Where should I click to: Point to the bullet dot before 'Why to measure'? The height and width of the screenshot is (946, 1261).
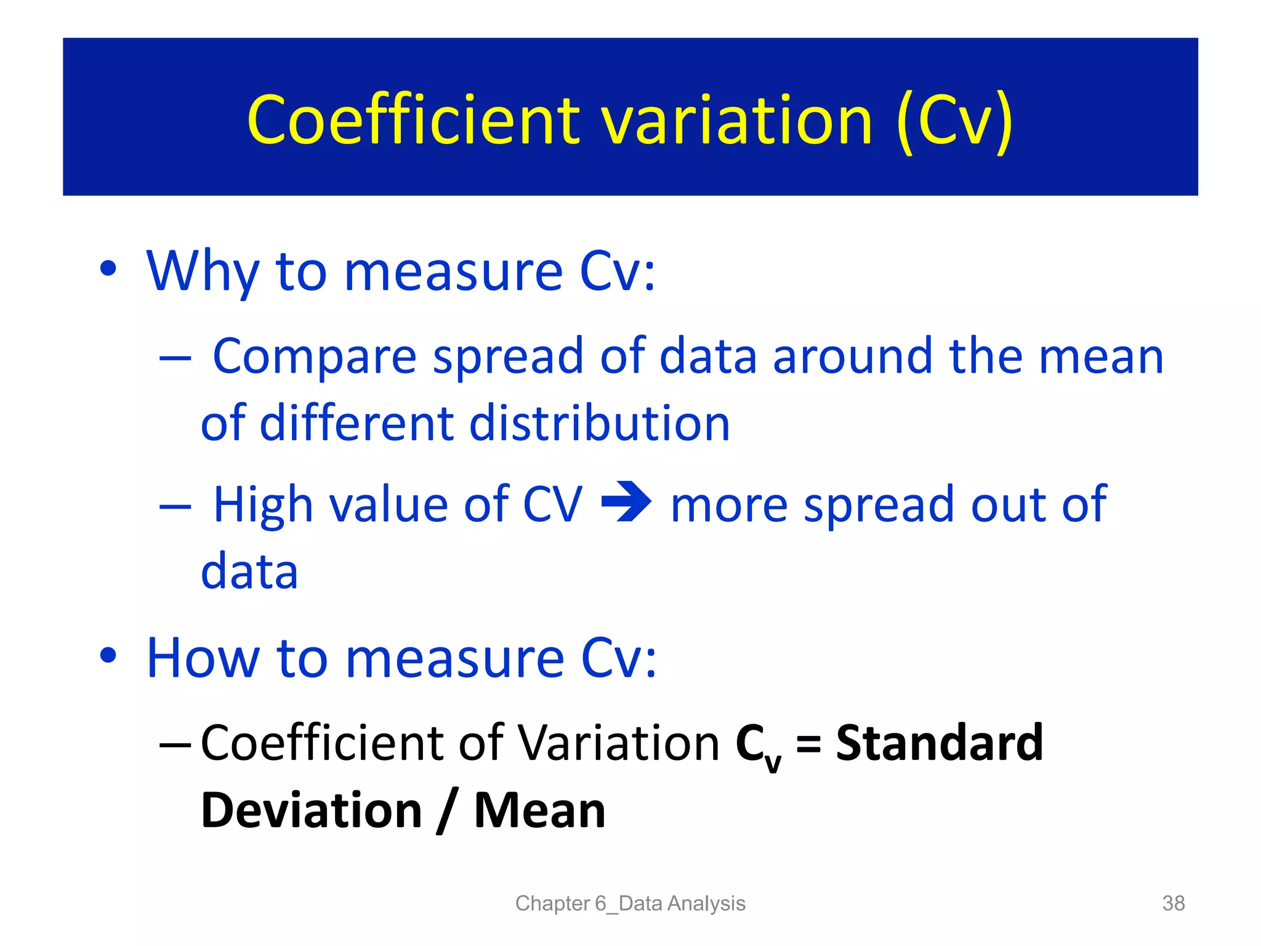tap(108, 269)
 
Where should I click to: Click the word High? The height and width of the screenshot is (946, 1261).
tap(263, 504)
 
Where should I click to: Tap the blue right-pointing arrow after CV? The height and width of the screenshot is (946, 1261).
tap(626, 502)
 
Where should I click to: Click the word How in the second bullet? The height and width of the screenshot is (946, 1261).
tap(203, 658)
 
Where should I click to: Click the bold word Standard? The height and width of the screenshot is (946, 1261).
tap(940, 743)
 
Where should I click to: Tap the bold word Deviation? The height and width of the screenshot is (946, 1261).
tap(312, 811)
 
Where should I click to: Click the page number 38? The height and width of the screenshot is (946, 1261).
tap(1173, 904)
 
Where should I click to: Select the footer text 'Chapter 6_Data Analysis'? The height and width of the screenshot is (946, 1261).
tap(630, 904)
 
